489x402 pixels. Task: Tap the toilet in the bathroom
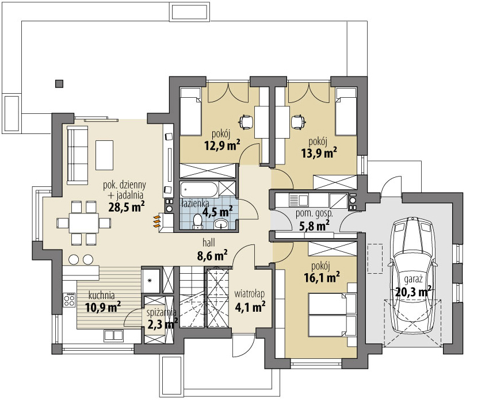pos(198,222)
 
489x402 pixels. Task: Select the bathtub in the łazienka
pos(199,189)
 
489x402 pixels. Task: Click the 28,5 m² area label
pos(127,206)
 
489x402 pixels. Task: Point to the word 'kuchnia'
pos(101,295)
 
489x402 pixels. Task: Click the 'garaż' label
pos(413,279)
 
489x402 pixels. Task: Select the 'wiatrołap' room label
pos(250,294)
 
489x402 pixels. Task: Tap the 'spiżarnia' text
pos(162,312)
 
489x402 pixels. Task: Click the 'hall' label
pos(209,242)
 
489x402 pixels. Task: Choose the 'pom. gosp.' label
pos(314,215)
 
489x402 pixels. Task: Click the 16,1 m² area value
pos(322,277)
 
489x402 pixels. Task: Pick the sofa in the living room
pos(77,155)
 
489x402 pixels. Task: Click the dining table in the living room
pos(83,223)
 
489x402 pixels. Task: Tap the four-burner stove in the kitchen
pos(69,300)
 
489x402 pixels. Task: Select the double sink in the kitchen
pos(113,335)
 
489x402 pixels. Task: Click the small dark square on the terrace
pos(59,83)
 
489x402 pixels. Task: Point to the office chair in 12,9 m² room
pos(246,121)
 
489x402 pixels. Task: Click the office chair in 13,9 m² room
pos(298,121)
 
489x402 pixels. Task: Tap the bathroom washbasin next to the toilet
pos(221,224)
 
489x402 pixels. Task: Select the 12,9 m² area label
pos(222,145)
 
